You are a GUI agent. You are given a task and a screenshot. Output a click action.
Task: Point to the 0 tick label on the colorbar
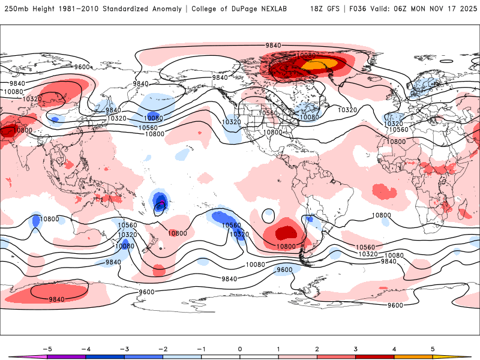coord(240,348)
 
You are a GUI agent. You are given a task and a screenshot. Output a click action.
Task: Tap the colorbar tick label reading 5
coord(433,348)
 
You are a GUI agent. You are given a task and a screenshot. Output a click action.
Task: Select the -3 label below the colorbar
coord(124,348)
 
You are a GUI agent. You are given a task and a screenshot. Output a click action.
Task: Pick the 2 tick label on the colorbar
coord(317,348)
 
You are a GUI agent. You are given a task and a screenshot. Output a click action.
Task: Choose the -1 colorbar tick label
coord(201,348)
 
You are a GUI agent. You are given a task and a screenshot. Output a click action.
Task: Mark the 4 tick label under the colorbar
coord(394,348)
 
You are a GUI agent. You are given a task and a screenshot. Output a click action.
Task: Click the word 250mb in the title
coord(14,9)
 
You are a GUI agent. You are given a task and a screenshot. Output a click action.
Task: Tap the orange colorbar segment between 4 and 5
coord(413,356)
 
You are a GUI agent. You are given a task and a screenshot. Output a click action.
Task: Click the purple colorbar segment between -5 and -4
coord(67,356)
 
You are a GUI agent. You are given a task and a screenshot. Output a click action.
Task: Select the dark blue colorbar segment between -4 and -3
coord(105,356)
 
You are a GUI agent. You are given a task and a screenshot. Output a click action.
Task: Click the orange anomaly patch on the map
coord(318,63)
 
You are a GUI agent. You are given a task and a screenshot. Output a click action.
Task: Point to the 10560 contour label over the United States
coord(268,113)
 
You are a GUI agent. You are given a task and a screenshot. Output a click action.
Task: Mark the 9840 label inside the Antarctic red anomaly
coord(57,299)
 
